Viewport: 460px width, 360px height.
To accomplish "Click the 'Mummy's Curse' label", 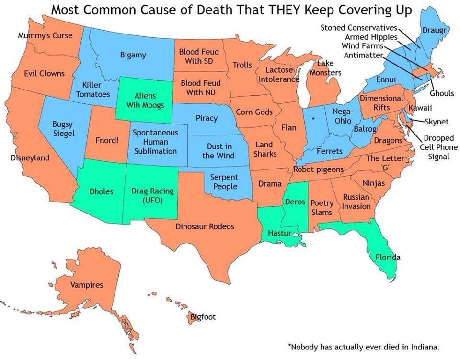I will coord(45,35).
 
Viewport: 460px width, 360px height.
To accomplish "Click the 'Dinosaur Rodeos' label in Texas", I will coord(205,226).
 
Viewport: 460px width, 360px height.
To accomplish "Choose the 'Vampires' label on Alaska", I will coord(87,285).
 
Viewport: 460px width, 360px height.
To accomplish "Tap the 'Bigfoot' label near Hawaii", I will coord(203,317).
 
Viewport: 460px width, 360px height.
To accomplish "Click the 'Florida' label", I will coord(388,257).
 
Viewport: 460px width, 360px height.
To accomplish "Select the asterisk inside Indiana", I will coord(313,117).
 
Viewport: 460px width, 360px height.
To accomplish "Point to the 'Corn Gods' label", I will coord(254,112).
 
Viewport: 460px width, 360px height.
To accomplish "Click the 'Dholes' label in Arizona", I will coord(102,191).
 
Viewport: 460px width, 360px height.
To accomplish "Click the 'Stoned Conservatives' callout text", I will coord(359,28).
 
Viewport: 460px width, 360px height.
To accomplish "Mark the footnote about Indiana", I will coord(363,346).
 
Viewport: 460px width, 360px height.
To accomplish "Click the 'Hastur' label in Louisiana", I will coord(277,233).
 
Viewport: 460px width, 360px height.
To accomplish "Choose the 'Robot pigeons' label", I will coord(318,169).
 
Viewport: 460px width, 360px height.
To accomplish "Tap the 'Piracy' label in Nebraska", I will coord(207,118).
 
